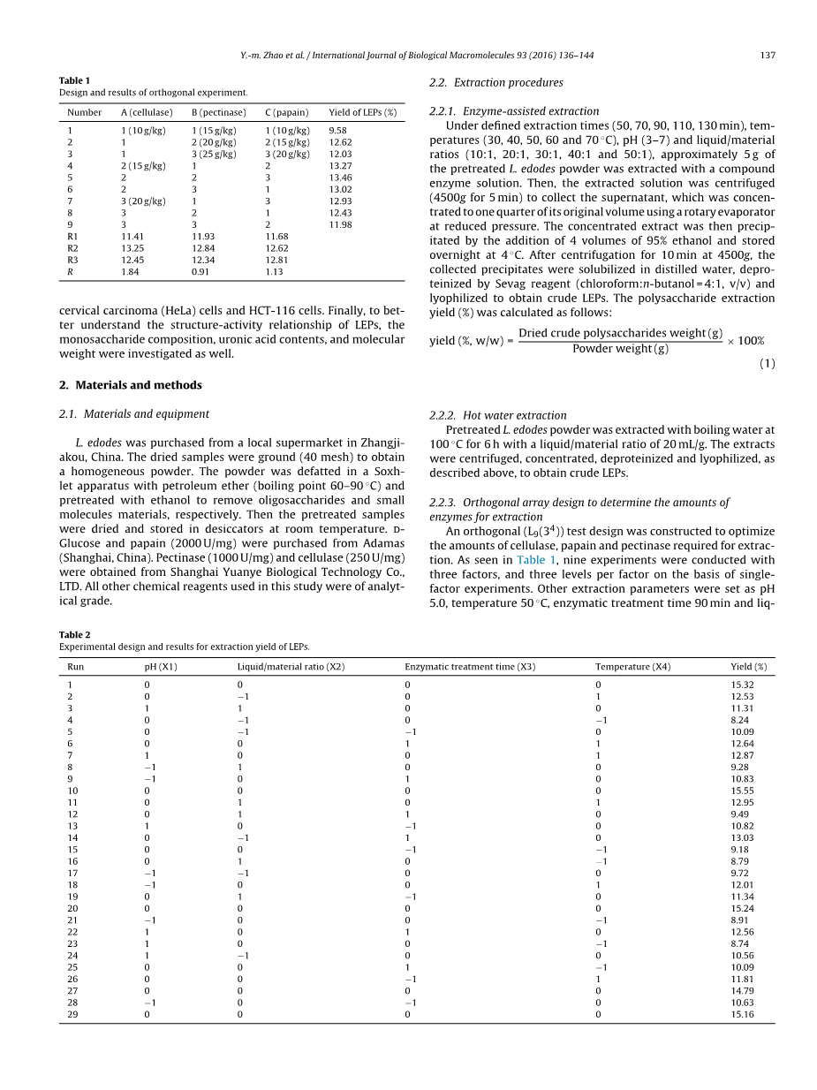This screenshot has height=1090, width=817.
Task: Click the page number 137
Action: click(x=767, y=56)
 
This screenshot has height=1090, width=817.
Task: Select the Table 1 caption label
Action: click(x=74, y=80)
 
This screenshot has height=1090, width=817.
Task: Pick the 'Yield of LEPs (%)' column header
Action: click(x=362, y=112)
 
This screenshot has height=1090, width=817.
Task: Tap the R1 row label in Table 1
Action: click(x=72, y=236)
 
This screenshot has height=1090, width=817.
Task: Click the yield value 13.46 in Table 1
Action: click(x=340, y=177)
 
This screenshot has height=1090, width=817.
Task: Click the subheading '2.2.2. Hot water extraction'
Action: click(x=497, y=415)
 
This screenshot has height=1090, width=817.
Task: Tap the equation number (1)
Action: click(x=767, y=364)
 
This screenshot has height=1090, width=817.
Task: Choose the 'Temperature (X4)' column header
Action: click(x=632, y=667)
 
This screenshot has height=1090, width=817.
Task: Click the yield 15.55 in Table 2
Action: click(x=742, y=791)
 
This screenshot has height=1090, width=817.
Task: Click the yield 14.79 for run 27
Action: click(x=742, y=990)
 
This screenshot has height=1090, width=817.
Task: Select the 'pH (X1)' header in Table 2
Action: click(x=160, y=667)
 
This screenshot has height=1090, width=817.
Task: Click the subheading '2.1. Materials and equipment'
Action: click(x=133, y=413)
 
